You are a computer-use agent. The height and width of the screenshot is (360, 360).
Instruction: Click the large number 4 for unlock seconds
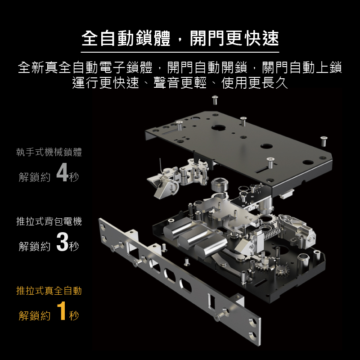click(x=63, y=172)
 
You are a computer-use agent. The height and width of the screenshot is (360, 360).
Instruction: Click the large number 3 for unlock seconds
click(x=63, y=242)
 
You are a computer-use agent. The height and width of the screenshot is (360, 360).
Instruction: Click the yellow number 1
click(x=62, y=310)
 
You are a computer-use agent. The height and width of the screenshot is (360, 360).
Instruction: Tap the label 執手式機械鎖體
click(x=49, y=152)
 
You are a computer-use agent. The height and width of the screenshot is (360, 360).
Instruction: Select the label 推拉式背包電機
click(x=49, y=221)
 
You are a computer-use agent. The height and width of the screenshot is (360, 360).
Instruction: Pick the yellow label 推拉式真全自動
click(x=49, y=291)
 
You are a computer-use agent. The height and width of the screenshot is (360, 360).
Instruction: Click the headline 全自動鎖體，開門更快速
click(x=180, y=38)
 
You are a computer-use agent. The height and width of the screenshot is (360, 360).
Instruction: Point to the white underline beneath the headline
click(x=180, y=52)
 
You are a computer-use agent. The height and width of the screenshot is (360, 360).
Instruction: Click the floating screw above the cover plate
click(x=215, y=100)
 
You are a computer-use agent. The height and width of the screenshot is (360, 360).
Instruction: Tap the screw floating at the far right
click(x=324, y=141)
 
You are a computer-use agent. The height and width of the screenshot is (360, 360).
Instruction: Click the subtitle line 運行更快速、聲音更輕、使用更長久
click(x=180, y=83)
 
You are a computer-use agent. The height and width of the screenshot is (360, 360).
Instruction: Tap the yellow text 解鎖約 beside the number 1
click(x=35, y=315)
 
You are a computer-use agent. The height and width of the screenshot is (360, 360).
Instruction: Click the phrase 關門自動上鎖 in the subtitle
click(x=302, y=67)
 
